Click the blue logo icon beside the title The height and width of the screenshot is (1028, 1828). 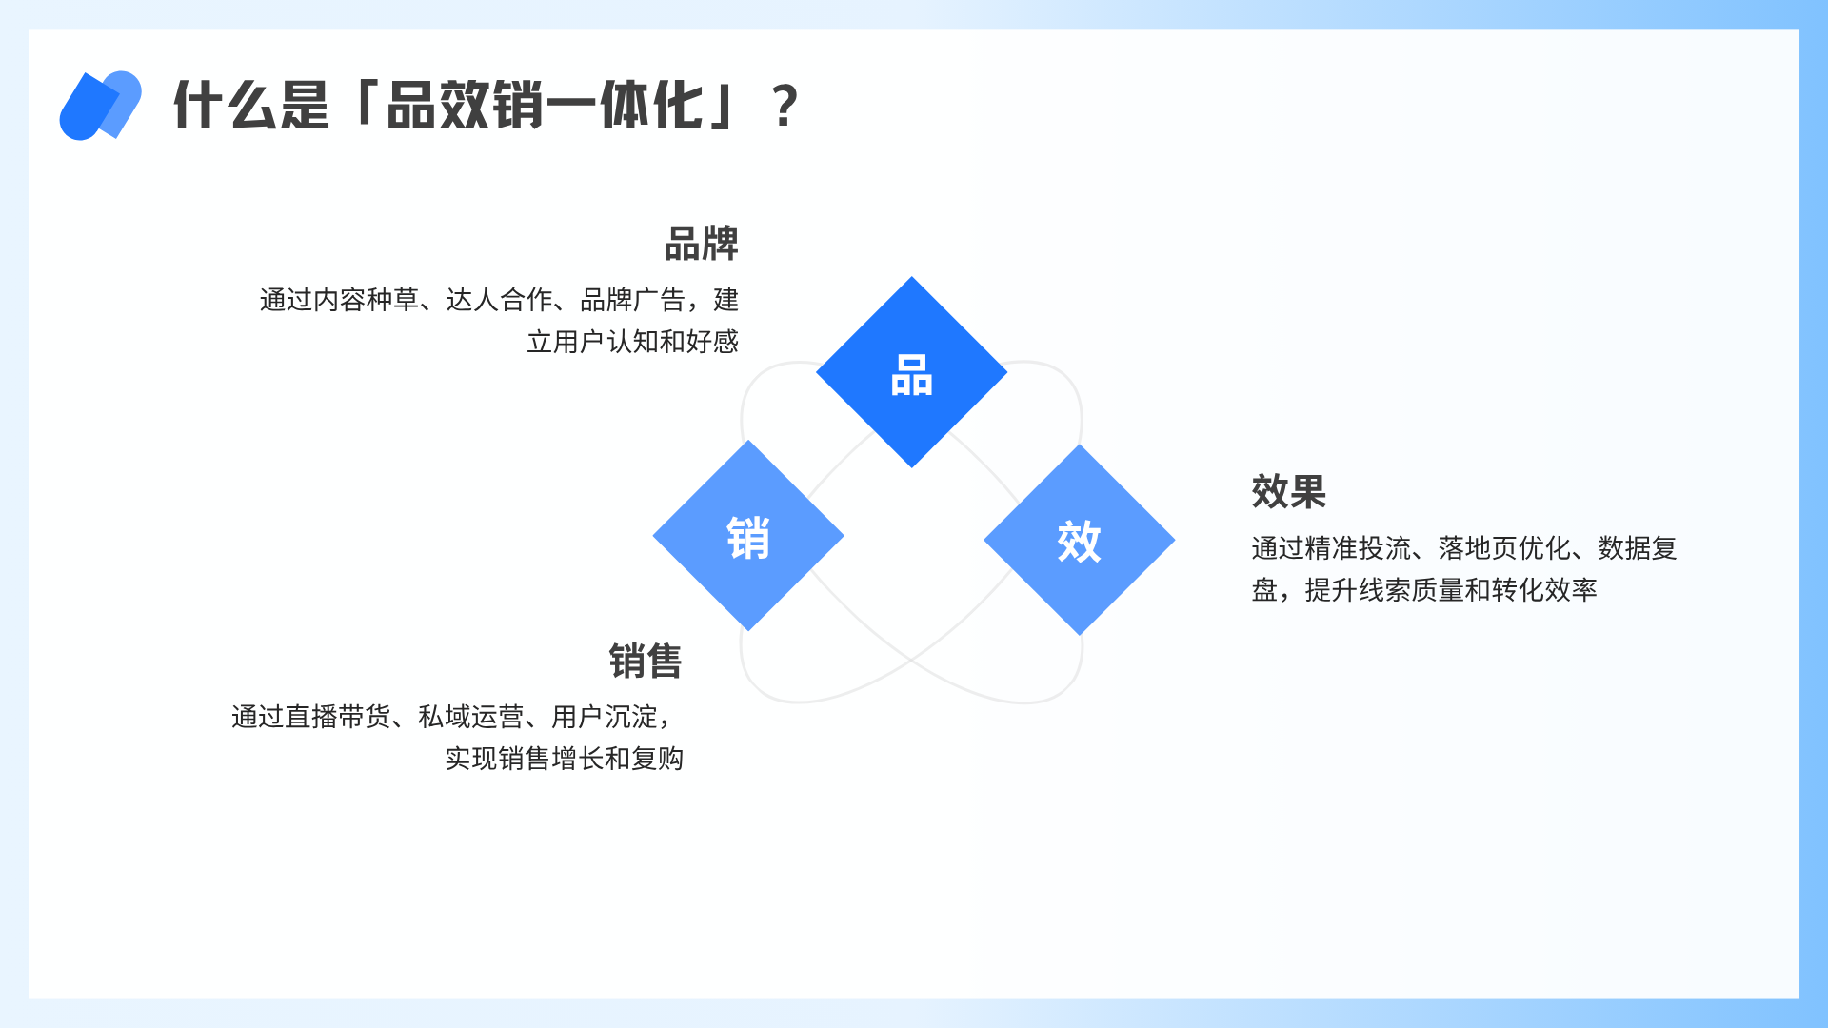pyautogui.click(x=100, y=105)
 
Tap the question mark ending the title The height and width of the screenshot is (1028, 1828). pyautogui.click(x=785, y=106)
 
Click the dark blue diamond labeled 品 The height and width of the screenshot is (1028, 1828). pyautogui.click(x=911, y=372)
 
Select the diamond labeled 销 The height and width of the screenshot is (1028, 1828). pyautogui.click(x=748, y=536)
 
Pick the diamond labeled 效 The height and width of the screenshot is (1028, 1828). pyautogui.click(x=1079, y=540)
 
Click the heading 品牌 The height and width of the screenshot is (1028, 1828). pyautogui.click(x=702, y=244)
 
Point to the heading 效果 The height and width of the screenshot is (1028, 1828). pyautogui.click(x=1289, y=492)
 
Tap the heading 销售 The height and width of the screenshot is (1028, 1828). pyautogui.click(x=646, y=662)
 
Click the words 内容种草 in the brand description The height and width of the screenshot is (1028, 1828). pyautogui.click(x=367, y=300)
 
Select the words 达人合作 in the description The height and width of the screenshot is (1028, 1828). pyautogui.click(x=500, y=300)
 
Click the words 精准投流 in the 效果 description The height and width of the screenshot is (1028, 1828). pyautogui.click(x=1359, y=548)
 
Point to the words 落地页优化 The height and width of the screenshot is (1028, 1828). pyautogui.click(x=1505, y=548)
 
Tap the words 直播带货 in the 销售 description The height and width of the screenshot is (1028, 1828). pyautogui.click(x=338, y=717)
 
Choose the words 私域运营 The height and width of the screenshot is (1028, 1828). pyautogui.click(x=471, y=717)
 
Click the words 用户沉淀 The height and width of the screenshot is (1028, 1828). pyautogui.click(x=605, y=717)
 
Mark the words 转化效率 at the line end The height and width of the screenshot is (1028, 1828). pyautogui.click(x=1544, y=590)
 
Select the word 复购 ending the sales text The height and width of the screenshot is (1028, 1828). pyautogui.click(x=658, y=759)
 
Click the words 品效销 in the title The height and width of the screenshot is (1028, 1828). pyautogui.click(x=466, y=106)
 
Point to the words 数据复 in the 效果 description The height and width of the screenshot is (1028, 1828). pyautogui.click(x=1638, y=548)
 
